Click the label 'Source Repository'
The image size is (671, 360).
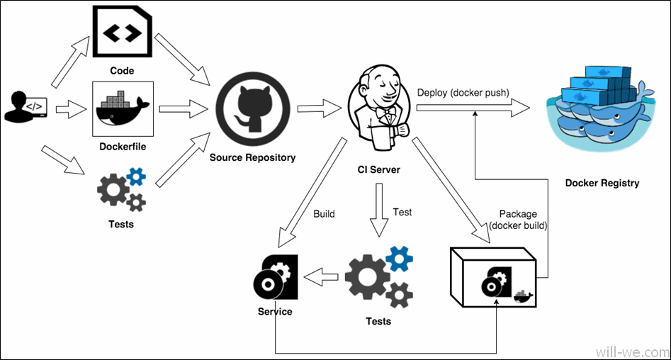(252, 157)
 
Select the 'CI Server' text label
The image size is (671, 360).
(378, 169)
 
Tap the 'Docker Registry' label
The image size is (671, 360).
(602, 183)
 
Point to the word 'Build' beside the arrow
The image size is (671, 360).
(323, 213)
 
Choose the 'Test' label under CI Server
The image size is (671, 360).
(402, 212)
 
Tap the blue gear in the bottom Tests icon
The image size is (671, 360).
(399, 259)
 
